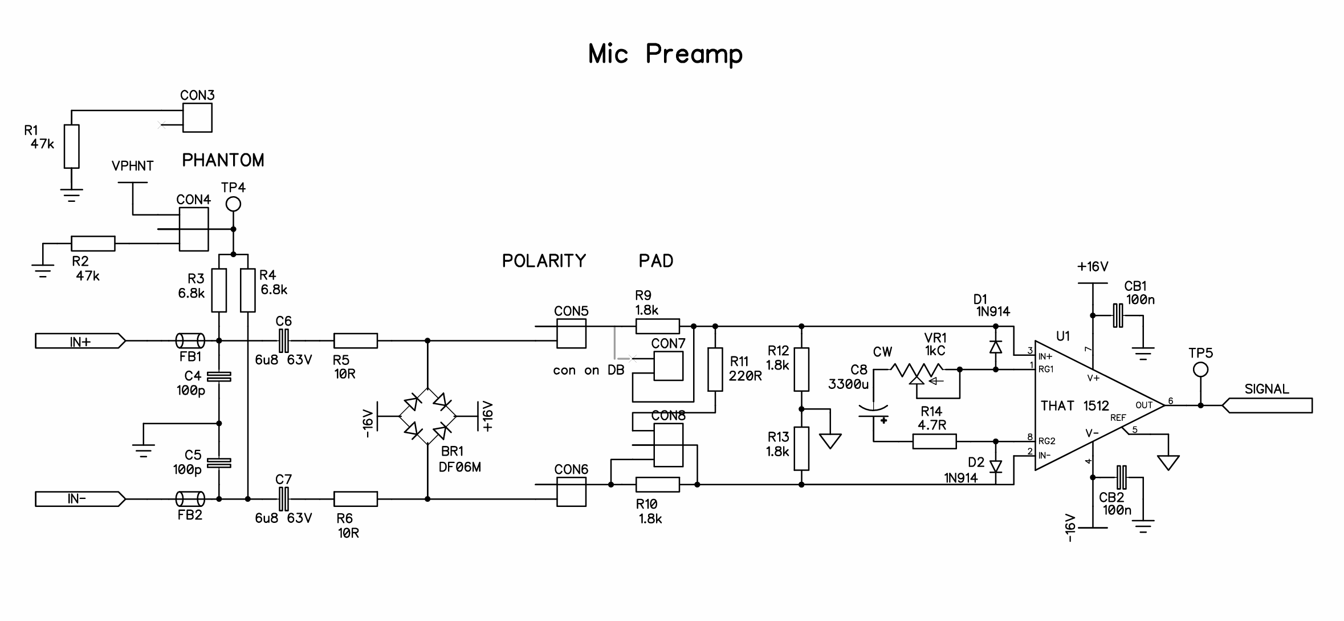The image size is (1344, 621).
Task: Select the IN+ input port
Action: [80, 341]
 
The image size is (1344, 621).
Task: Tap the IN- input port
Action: [80, 499]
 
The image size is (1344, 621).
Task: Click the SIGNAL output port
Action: [1267, 405]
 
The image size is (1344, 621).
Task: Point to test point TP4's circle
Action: [233, 204]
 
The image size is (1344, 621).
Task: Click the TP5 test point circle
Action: [1200, 370]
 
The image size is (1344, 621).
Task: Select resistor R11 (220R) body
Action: [715, 370]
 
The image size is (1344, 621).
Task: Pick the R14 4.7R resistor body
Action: [935, 441]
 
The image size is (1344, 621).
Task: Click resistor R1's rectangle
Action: [71, 146]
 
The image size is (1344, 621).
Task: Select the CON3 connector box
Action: [197, 117]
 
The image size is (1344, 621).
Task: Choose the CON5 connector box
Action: [571, 334]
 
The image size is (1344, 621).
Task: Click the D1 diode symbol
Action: [996, 347]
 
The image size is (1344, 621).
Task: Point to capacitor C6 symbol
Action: [283, 341]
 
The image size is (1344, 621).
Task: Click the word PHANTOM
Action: [223, 160]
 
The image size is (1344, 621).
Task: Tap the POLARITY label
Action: [544, 261]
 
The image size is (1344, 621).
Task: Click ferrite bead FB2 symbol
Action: [190, 499]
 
